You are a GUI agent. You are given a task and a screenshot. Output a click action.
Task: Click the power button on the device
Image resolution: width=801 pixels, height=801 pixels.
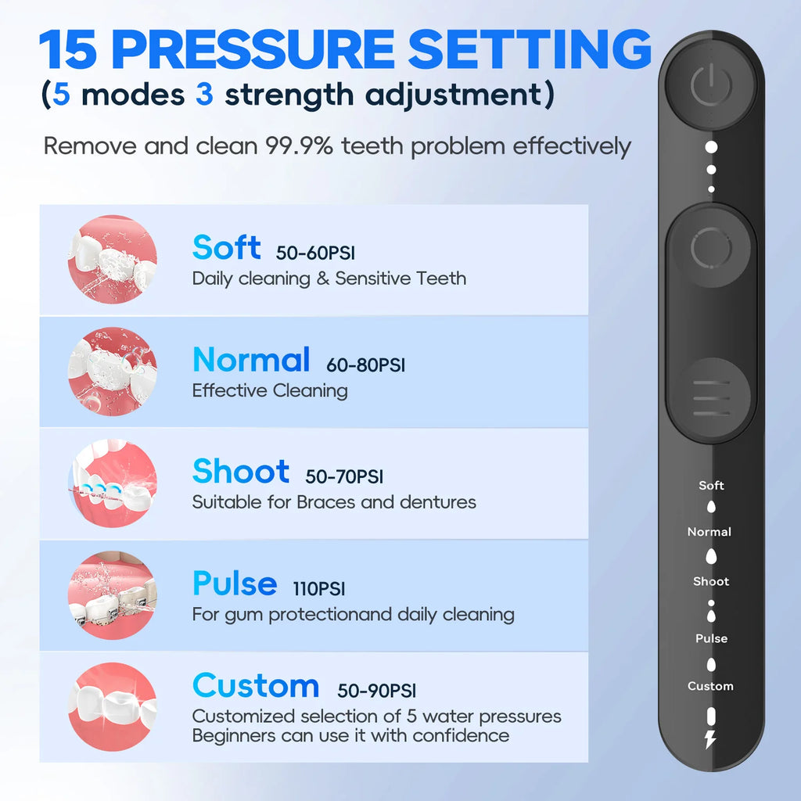click(711, 87)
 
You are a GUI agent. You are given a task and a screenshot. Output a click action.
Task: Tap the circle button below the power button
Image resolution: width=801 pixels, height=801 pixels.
click(710, 250)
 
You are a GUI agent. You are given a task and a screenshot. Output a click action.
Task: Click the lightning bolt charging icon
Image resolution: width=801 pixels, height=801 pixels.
click(710, 739)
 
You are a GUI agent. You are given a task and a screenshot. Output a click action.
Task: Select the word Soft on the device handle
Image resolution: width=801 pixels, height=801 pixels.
click(711, 486)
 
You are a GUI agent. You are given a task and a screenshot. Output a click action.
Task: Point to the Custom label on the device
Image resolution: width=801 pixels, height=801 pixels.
click(710, 686)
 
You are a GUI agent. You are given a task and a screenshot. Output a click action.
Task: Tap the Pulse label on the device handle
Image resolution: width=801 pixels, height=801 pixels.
click(711, 638)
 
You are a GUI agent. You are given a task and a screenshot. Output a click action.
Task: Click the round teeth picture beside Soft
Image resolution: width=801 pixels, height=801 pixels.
click(113, 260)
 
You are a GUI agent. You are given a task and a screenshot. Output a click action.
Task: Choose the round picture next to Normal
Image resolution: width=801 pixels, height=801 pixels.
click(113, 372)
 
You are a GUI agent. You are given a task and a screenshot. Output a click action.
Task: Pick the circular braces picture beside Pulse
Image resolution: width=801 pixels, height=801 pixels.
click(113, 595)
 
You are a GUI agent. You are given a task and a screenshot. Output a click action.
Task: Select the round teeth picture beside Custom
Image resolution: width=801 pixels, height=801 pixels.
click(113, 707)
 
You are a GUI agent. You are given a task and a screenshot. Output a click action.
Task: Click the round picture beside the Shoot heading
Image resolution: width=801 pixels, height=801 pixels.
click(113, 483)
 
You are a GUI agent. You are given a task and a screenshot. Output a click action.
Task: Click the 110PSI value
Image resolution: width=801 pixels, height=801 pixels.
click(319, 589)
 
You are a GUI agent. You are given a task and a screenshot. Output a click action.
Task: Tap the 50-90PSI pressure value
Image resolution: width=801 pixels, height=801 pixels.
click(377, 691)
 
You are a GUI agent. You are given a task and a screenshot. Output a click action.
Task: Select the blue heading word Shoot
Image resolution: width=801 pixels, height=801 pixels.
click(241, 472)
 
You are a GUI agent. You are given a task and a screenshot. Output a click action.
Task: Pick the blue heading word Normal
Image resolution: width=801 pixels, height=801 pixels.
click(251, 360)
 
